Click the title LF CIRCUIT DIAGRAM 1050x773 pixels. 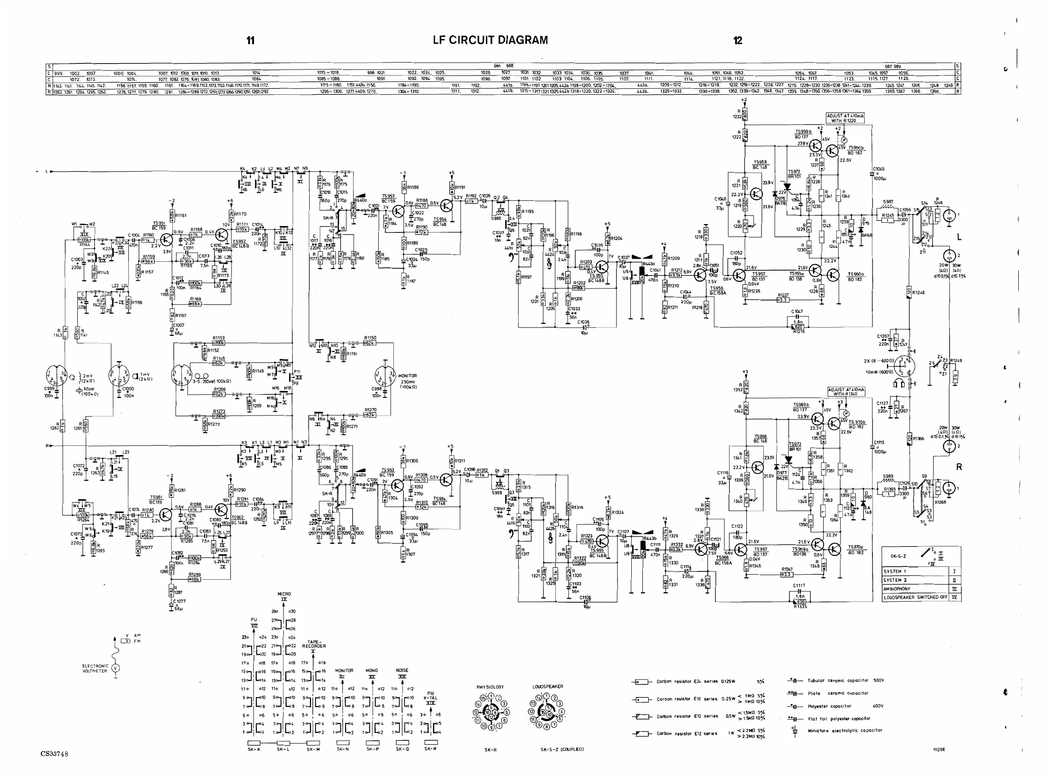(490, 40)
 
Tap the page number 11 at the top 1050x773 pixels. (251, 40)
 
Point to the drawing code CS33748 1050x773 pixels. (54, 754)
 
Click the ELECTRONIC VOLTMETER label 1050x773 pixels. (95, 668)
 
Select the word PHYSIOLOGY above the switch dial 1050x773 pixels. (490, 687)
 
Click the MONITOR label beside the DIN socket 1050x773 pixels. (408, 376)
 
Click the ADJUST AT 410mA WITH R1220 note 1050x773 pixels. (845, 118)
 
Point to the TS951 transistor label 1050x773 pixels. (159, 225)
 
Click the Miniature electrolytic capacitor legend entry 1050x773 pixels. (845, 730)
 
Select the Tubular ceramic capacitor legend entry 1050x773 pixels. (845, 681)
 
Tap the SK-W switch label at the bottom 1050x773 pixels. (431, 749)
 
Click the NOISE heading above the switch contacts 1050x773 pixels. (402, 670)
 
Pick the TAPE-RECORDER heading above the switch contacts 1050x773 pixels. (313, 644)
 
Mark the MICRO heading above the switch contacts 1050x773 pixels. (284, 594)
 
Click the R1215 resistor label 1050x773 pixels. (799, 332)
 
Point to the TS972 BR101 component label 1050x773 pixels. (794, 174)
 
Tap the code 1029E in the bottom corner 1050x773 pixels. (939, 749)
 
